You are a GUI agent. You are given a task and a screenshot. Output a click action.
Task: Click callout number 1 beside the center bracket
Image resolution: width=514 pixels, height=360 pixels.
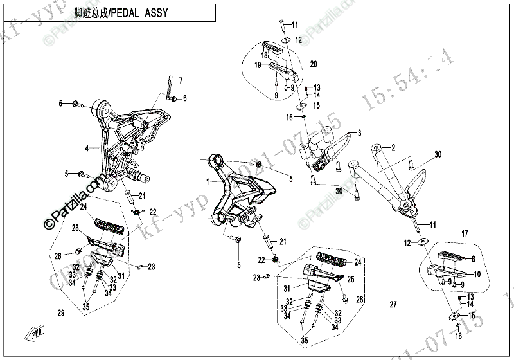(207, 182)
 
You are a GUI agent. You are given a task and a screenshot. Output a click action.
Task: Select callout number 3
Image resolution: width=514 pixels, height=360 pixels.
(359, 133)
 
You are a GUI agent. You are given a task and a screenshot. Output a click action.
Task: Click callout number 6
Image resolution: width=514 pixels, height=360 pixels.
(184, 98)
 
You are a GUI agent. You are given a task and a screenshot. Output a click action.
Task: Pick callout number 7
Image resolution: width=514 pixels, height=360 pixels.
(181, 80)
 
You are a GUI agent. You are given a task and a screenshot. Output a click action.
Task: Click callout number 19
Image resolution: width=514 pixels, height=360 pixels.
(256, 66)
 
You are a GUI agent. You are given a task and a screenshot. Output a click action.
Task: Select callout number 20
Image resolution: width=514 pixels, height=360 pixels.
(313, 64)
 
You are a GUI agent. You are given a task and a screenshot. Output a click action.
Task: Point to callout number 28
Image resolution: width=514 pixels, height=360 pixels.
(75, 228)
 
